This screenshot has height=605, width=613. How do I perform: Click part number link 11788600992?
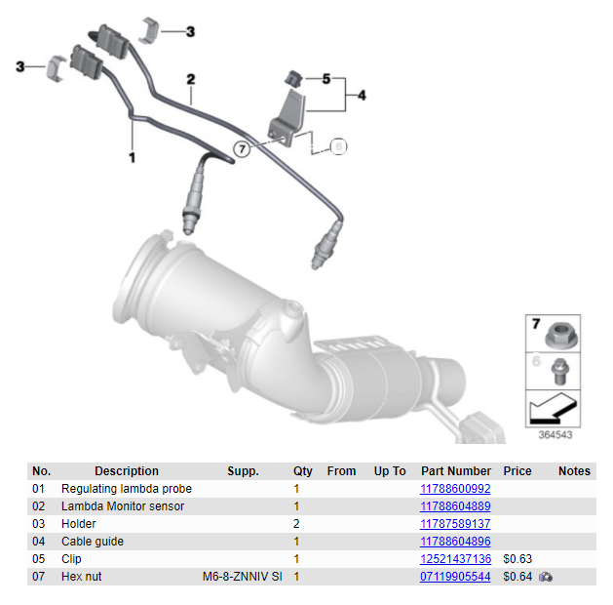(x=455, y=489)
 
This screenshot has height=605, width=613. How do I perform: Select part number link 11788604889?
(x=455, y=506)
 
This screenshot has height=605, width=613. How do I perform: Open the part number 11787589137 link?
(x=455, y=524)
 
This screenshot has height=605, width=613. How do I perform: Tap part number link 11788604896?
(x=455, y=542)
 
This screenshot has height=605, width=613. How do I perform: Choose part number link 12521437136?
(x=455, y=559)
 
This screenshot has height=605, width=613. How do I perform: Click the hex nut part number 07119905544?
(x=455, y=577)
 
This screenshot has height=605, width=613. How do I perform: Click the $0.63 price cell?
(x=516, y=559)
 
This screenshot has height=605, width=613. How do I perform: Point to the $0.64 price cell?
(x=516, y=577)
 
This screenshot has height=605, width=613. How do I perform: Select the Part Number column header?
(x=455, y=471)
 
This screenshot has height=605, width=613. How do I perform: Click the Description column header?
(x=127, y=471)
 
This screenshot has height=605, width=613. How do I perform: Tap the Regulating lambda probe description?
(x=127, y=489)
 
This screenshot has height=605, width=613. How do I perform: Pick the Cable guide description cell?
(x=93, y=542)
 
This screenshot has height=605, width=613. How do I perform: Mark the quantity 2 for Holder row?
(x=296, y=524)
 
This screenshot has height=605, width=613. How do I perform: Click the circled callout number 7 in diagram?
(x=242, y=149)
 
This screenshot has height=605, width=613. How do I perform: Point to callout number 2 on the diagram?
(x=191, y=79)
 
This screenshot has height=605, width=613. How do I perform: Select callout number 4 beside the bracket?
(x=362, y=96)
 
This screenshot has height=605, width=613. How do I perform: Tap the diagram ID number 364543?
(x=555, y=435)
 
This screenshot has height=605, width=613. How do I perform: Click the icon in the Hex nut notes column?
(x=546, y=577)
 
